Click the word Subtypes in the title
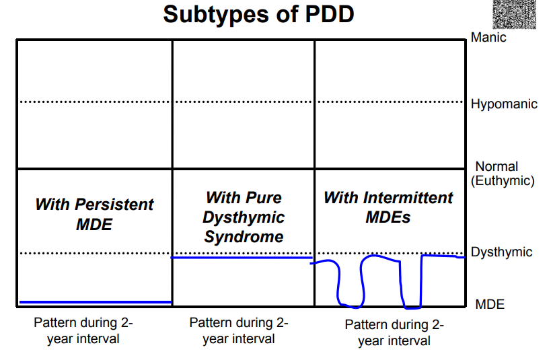click(x=215, y=15)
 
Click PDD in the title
click(x=330, y=14)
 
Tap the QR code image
click(x=515, y=14)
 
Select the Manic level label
click(x=488, y=37)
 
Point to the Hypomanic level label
click(x=504, y=104)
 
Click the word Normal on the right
click(x=497, y=166)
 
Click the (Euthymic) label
click(x=503, y=181)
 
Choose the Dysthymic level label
click(x=501, y=252)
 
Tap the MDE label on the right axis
click(x=490, y=304)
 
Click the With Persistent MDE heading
click(x=94, y=215)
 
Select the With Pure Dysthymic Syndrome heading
click(x=244, y=217)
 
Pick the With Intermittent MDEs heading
click(x=388, y=207)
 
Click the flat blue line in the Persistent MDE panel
click(x=96, y=302)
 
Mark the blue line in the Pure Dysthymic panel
click(x=242, y=258)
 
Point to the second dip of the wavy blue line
click(x=412, y=308)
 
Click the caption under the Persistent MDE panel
click(x=83, y=331)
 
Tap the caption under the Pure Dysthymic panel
click(x=239, y=331)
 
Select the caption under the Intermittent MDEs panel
click(x=394, y=332)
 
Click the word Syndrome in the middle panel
click(x=244, y=237)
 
